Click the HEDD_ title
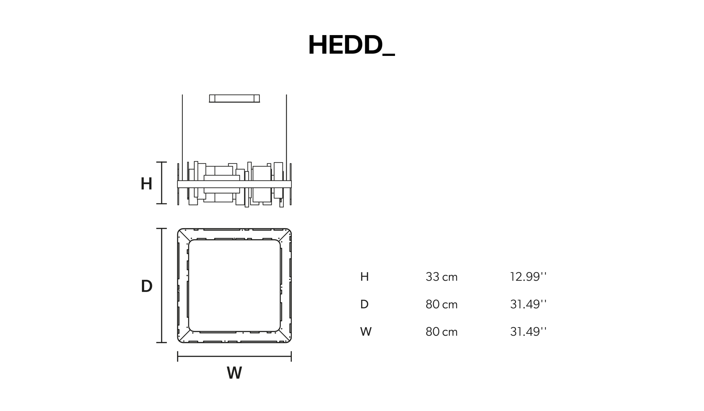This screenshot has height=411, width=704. [x=351, y=45]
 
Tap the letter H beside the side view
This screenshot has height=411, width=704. [x=146, y=184]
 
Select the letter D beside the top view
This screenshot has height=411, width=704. [x=147, y=286]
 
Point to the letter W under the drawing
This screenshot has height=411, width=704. [x=234, y=373]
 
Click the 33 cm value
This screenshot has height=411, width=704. [x=442, y=277]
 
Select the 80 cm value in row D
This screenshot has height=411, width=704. [x=442, y=304]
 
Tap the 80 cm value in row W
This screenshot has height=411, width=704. [x=442, y=331]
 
